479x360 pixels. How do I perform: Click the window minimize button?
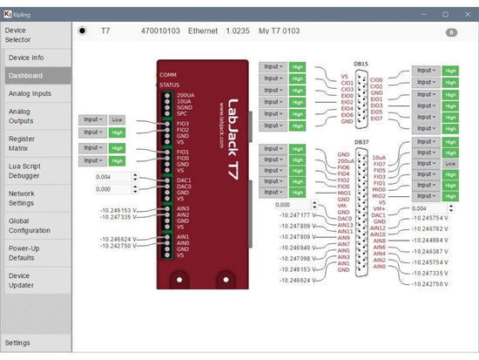pyautogui.click(x=423, y=13)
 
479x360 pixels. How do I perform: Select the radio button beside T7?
pyautogui.click(x=83, y=31)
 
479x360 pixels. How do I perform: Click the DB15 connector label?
pyautogui.click(x=361, y=64)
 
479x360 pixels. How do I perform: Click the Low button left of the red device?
pyautogui.click(x=118, y=119)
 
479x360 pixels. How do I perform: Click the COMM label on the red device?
pyautogui.click(x=167, y=75)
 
